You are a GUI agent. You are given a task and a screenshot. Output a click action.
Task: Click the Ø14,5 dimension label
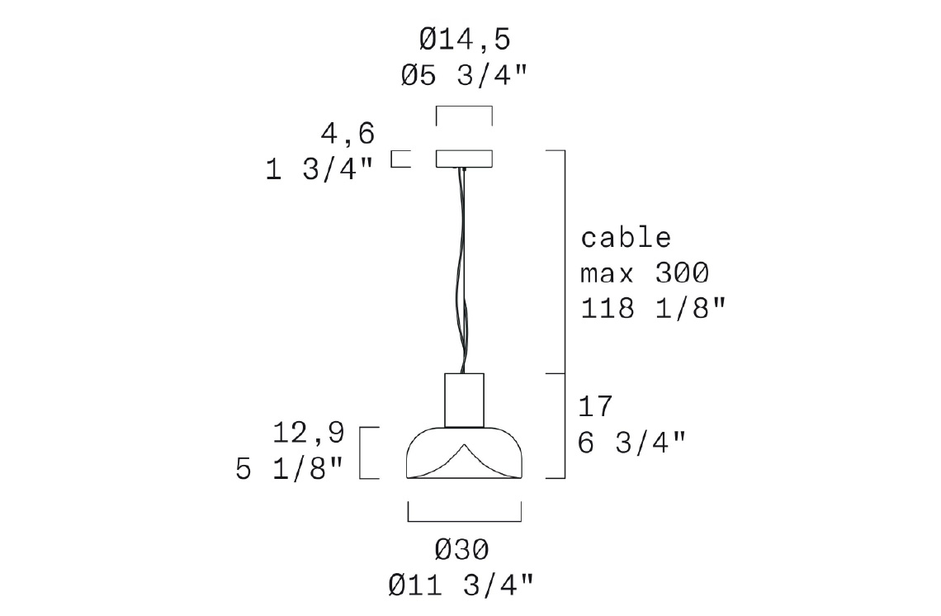pyautogui.click(x=465, y=40)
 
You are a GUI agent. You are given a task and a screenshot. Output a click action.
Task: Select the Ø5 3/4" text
pyautogui.click(x=464, y=76)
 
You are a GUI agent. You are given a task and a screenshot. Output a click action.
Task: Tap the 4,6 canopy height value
pyautogui.click(x=348, y=133)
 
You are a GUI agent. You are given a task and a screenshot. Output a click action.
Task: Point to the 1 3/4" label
pyautogui.click(x=319, y=169)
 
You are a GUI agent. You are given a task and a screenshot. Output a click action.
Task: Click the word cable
pyautogui.click(x=626, y=238)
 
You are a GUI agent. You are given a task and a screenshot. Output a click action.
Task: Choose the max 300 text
pyautogui.click(x=645, y=273)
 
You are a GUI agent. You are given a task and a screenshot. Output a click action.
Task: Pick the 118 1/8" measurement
pyautogui.click(x=653, y=308)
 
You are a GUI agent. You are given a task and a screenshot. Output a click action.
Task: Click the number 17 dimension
pyautogui.click(x=594, y=406)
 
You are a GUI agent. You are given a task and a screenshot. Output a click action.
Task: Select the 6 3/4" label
pyautogui.click(x=631, y=443)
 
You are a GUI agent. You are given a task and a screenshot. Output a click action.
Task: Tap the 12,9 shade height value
pyautogui.click(x=309, y=433)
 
